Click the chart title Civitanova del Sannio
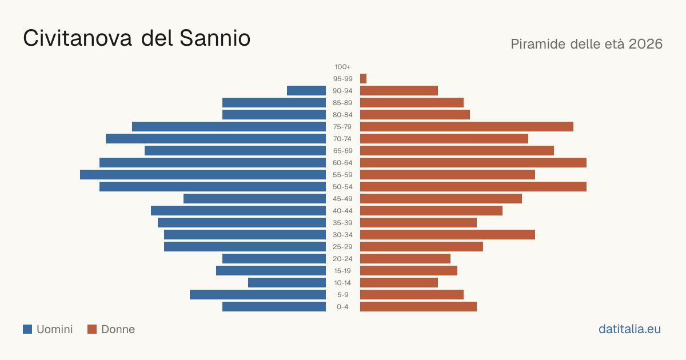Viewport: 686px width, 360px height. click(x=137, y=38)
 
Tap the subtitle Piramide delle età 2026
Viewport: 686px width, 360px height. click(x=587, y=44)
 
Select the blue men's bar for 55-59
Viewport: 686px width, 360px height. click(x=203, y=174)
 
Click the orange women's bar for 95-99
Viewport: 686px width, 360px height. click(x=363, y=79)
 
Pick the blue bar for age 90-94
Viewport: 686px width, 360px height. click(x=306, y=91)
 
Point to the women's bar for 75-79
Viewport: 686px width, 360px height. click(x=466, y=127)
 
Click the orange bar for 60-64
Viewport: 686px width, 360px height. click(x=473, y=162)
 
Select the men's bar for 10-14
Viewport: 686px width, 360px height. click(x=287, y=282)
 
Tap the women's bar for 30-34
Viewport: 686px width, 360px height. click(x=448, y=234)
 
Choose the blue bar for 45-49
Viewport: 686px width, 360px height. click(x=254, y=199)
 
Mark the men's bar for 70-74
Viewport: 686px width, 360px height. click(x=216, y=139)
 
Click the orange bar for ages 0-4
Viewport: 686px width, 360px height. click(x=418, y=306)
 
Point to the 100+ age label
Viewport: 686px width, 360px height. click(x=342, y=67)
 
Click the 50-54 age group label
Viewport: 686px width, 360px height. click(x=342, y=187)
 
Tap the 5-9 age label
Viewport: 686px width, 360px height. click(x=342, y=295)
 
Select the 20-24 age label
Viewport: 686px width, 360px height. click(x=342, y=259)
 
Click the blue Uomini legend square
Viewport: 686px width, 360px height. click(x=27, y=329)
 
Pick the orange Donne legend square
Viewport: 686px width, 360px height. click(x=92, y=329)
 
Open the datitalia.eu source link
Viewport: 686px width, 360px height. click(x=629, y=329)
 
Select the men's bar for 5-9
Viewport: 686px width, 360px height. click(x=258, y=294)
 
